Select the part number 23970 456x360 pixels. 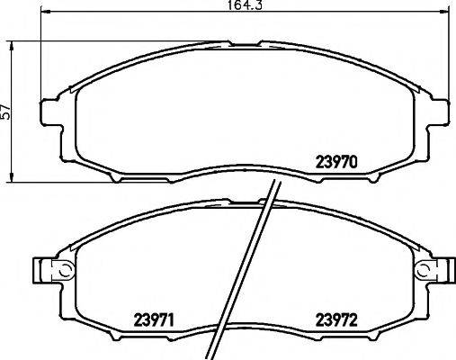tap(336, 164)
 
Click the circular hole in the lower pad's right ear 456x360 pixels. tap(424, 270)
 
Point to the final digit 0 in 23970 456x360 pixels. tap(355, 164)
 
